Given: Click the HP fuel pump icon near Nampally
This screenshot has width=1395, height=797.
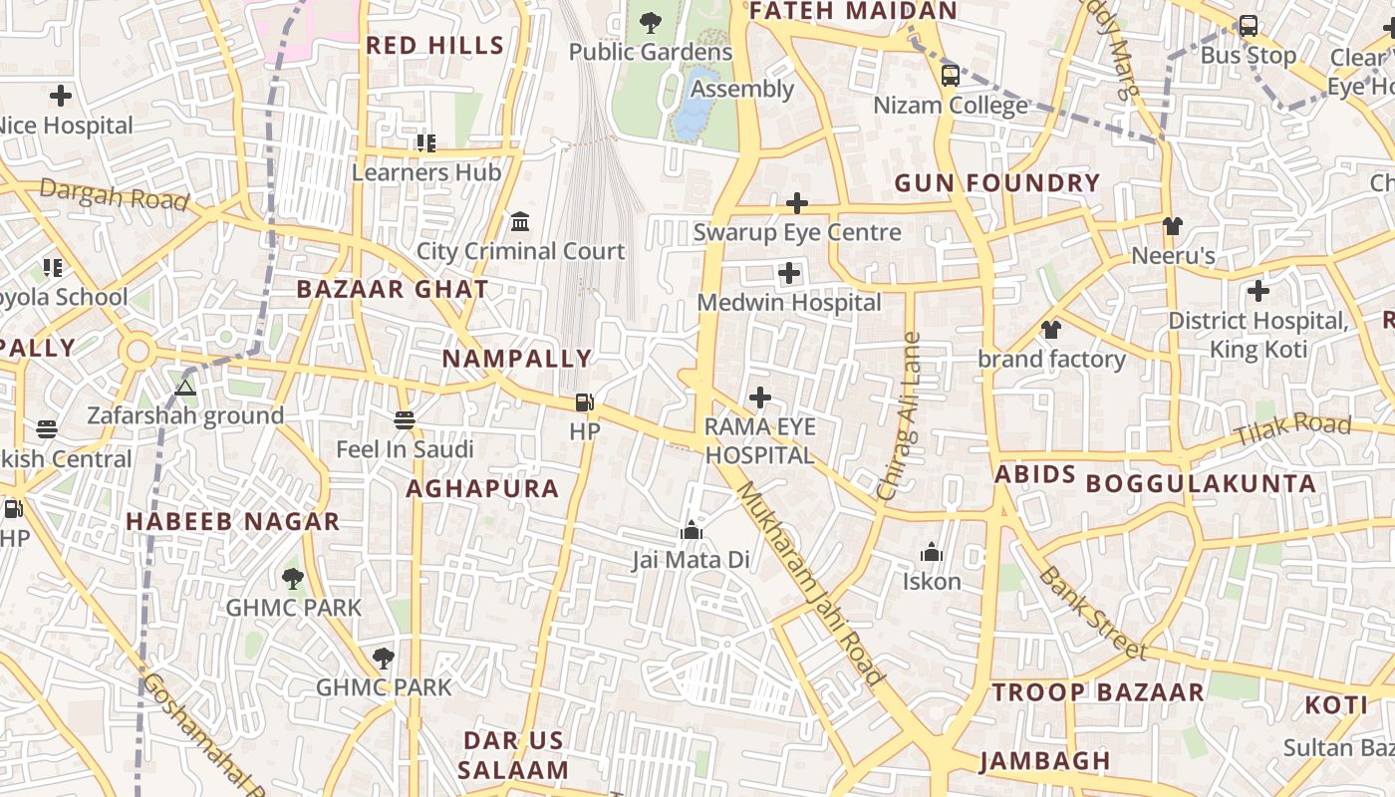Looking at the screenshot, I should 584,402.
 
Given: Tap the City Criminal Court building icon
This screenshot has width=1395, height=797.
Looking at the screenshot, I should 519,221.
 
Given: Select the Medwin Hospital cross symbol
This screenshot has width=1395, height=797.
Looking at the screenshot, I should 789,273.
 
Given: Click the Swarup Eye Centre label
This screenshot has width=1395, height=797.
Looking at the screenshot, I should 797,233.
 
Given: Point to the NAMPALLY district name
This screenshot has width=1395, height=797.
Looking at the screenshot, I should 517,359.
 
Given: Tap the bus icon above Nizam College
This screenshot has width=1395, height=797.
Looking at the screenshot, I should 951,76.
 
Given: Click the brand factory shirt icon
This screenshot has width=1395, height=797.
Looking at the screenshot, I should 1050,330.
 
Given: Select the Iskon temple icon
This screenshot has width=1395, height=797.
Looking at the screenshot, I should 932,552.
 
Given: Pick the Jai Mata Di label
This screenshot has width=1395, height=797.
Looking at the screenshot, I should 691,560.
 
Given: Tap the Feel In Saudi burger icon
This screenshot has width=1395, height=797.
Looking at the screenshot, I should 404,420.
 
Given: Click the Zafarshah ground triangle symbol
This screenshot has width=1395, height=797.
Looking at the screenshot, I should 184,387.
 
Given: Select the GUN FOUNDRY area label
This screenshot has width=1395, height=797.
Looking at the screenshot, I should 996,183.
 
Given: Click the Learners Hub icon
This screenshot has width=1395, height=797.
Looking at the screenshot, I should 426,143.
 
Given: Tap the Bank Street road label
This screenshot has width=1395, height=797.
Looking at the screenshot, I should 1092,613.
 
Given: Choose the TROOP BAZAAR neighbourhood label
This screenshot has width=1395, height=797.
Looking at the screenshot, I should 1098,692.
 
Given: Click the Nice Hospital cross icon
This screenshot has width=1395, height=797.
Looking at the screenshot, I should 61,96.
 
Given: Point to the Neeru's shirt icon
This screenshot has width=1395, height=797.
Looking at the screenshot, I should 1172,226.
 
